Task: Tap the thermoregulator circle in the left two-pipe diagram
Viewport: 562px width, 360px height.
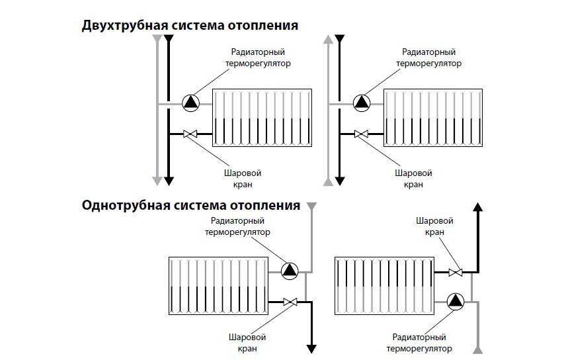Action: (x=190, y=102)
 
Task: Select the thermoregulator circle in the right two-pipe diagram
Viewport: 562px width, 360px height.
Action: (x=362, y=102)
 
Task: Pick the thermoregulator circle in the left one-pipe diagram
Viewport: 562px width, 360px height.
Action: (x=290, y=269)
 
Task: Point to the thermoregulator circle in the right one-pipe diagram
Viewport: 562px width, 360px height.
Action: (x=456, y=302)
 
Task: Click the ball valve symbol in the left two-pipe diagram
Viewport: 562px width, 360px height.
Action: (x=190, y=134)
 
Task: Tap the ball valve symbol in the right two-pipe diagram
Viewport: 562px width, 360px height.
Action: (x=361, y=134)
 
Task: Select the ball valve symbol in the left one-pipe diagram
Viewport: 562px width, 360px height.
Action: (x=290, y=302)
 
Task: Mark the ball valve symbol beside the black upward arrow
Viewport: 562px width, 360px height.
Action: (x=455, y=271)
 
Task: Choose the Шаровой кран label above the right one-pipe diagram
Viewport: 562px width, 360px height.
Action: (x=434, y=226)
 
